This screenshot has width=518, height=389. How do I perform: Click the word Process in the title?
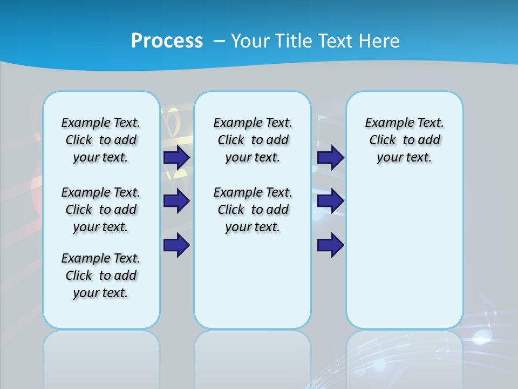(167, 41)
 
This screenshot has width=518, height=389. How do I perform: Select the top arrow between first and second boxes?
(176, 158)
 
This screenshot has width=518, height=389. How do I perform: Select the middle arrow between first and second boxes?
(176, 201)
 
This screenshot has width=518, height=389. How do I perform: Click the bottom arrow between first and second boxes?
(176, 245)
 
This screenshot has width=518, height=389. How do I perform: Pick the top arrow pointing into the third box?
(330, 158)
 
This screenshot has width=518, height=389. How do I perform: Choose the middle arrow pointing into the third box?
(330, 201)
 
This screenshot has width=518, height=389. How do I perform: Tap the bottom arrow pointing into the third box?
(330, 245)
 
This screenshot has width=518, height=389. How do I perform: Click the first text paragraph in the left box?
(101, 140)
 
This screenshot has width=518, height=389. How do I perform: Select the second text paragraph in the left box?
(101, 210)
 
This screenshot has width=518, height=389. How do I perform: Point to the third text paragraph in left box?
(101, 276)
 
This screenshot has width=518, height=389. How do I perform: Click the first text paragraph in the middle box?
(253, 140)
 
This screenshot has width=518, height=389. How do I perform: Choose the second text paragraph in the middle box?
(253, 210)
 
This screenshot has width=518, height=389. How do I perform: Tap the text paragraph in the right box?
(405, 140)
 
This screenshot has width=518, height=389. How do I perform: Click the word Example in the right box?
(385, 123)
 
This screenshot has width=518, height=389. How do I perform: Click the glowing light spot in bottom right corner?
(480, 339)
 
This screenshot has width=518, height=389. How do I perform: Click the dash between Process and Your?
(219, 41)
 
